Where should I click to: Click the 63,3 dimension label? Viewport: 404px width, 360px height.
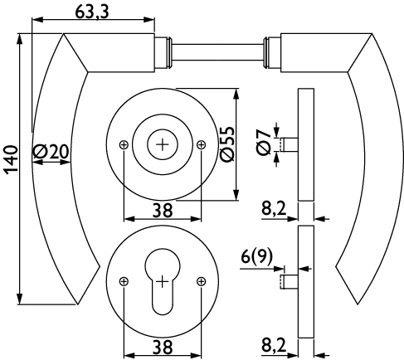pyautogui.click(x=92, y=12)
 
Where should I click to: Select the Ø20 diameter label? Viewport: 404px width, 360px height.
pyautogui.click(x=51, y=152)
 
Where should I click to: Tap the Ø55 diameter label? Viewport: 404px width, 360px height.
pyautogui.click(x=227, y=144)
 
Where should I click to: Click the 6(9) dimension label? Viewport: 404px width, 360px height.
pyautogui.click(x=256, y=256)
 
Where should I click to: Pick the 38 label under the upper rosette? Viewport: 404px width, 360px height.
pyautogui.click(x=163, y=210)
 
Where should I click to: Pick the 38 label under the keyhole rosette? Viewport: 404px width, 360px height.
pyautogui.click(x=163, y=347)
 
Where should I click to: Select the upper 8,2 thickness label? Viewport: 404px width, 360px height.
pyautogui.click(x=274, y=208)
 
